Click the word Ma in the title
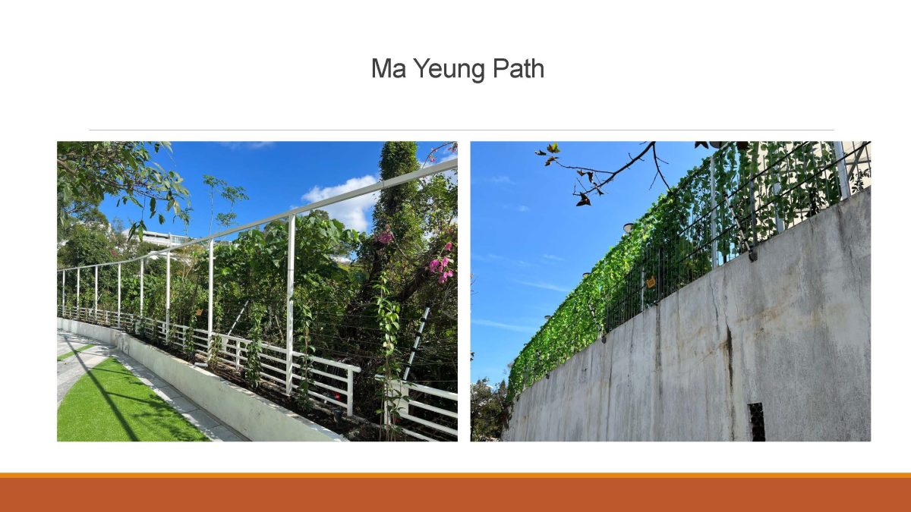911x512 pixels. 389,68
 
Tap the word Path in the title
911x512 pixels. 518,68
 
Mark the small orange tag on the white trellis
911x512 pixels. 199,312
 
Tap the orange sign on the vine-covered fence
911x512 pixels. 651,281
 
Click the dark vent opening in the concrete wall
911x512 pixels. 757,422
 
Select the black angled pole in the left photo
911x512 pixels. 416,344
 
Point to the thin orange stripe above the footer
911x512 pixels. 455,475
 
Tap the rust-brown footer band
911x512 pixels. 455,495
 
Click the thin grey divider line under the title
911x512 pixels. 462,130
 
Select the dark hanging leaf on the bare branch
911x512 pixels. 582,199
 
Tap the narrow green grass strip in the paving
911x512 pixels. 74,352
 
